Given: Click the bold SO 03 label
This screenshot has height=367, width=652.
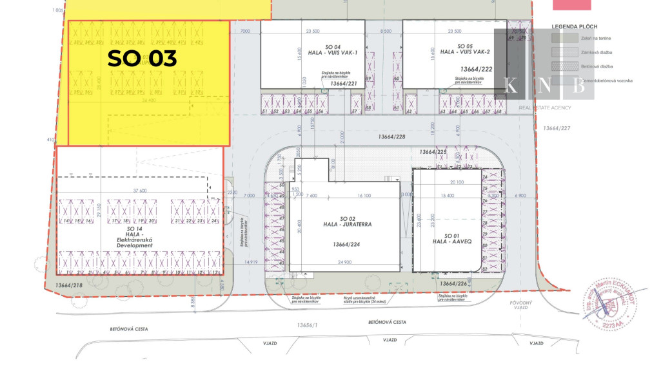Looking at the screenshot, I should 142,59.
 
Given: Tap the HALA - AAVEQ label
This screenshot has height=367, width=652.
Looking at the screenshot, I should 447,241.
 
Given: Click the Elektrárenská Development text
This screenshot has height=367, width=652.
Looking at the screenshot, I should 135,242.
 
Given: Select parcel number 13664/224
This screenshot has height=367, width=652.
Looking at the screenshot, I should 346,245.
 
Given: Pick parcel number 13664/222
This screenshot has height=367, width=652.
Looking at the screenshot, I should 477,68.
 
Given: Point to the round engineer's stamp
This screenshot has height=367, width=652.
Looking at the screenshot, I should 611,306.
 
